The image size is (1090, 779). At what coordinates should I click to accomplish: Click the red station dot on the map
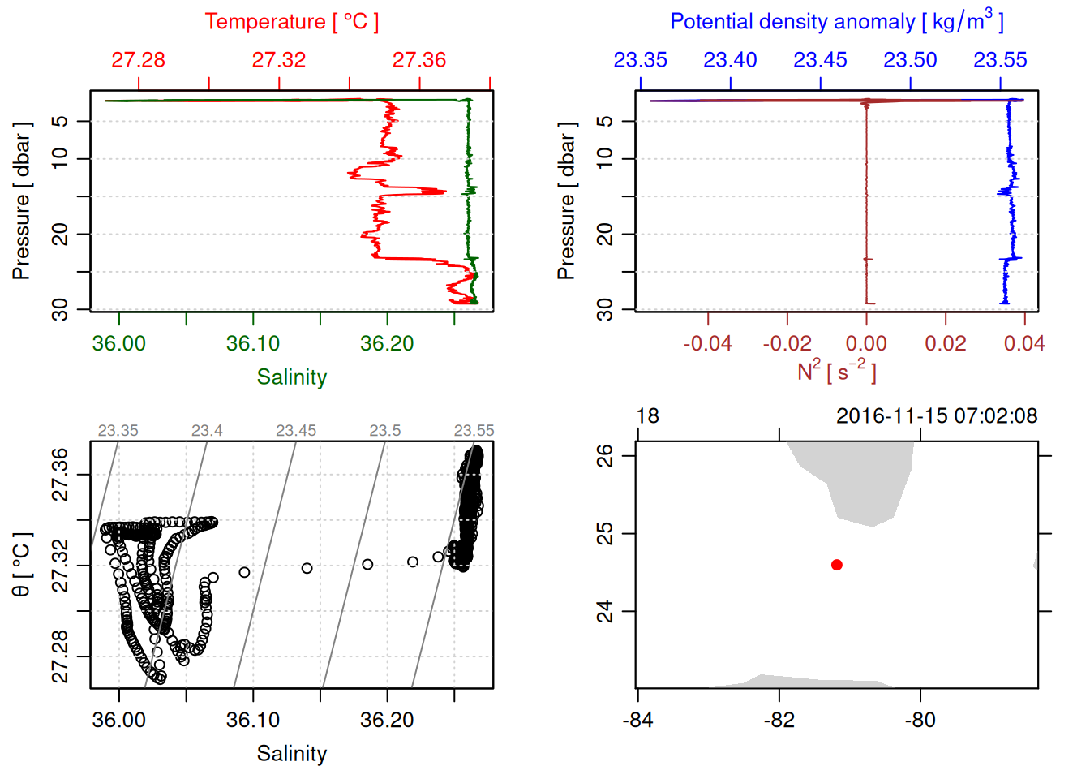coord(836,565)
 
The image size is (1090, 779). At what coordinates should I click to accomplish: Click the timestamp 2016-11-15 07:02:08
coord(936,416)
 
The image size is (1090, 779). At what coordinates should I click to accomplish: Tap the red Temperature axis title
coord(291,22)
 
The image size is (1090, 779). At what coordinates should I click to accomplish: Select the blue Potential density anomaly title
coord(836,22)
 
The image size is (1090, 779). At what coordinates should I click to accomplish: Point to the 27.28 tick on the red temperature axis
coord(139,60)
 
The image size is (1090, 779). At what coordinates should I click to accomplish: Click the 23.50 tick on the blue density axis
coord(910,60)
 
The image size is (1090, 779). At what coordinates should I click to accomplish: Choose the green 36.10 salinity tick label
coord(253,343)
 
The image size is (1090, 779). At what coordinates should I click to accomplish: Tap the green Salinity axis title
coord(291,377)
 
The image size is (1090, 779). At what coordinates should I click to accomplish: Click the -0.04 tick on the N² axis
coord(707,343)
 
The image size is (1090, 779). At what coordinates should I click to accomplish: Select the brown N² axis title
coord(836,372)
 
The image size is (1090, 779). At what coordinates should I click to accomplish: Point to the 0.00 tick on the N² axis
coord(866,343)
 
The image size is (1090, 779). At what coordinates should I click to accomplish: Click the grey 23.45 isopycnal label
coord(296,431)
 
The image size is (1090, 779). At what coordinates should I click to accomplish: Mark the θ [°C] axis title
coord(22,565)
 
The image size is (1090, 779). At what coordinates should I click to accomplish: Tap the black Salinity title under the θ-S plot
coord(291,754)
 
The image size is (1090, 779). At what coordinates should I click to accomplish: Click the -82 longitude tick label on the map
coord(779,720)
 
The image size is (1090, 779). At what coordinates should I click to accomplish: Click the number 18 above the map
coord(647,416)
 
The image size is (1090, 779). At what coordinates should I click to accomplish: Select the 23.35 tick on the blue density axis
coord(641,60)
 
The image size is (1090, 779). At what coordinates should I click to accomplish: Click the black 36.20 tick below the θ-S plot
coord(387,720)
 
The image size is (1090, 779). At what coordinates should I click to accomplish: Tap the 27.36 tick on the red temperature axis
coord(419,60)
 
